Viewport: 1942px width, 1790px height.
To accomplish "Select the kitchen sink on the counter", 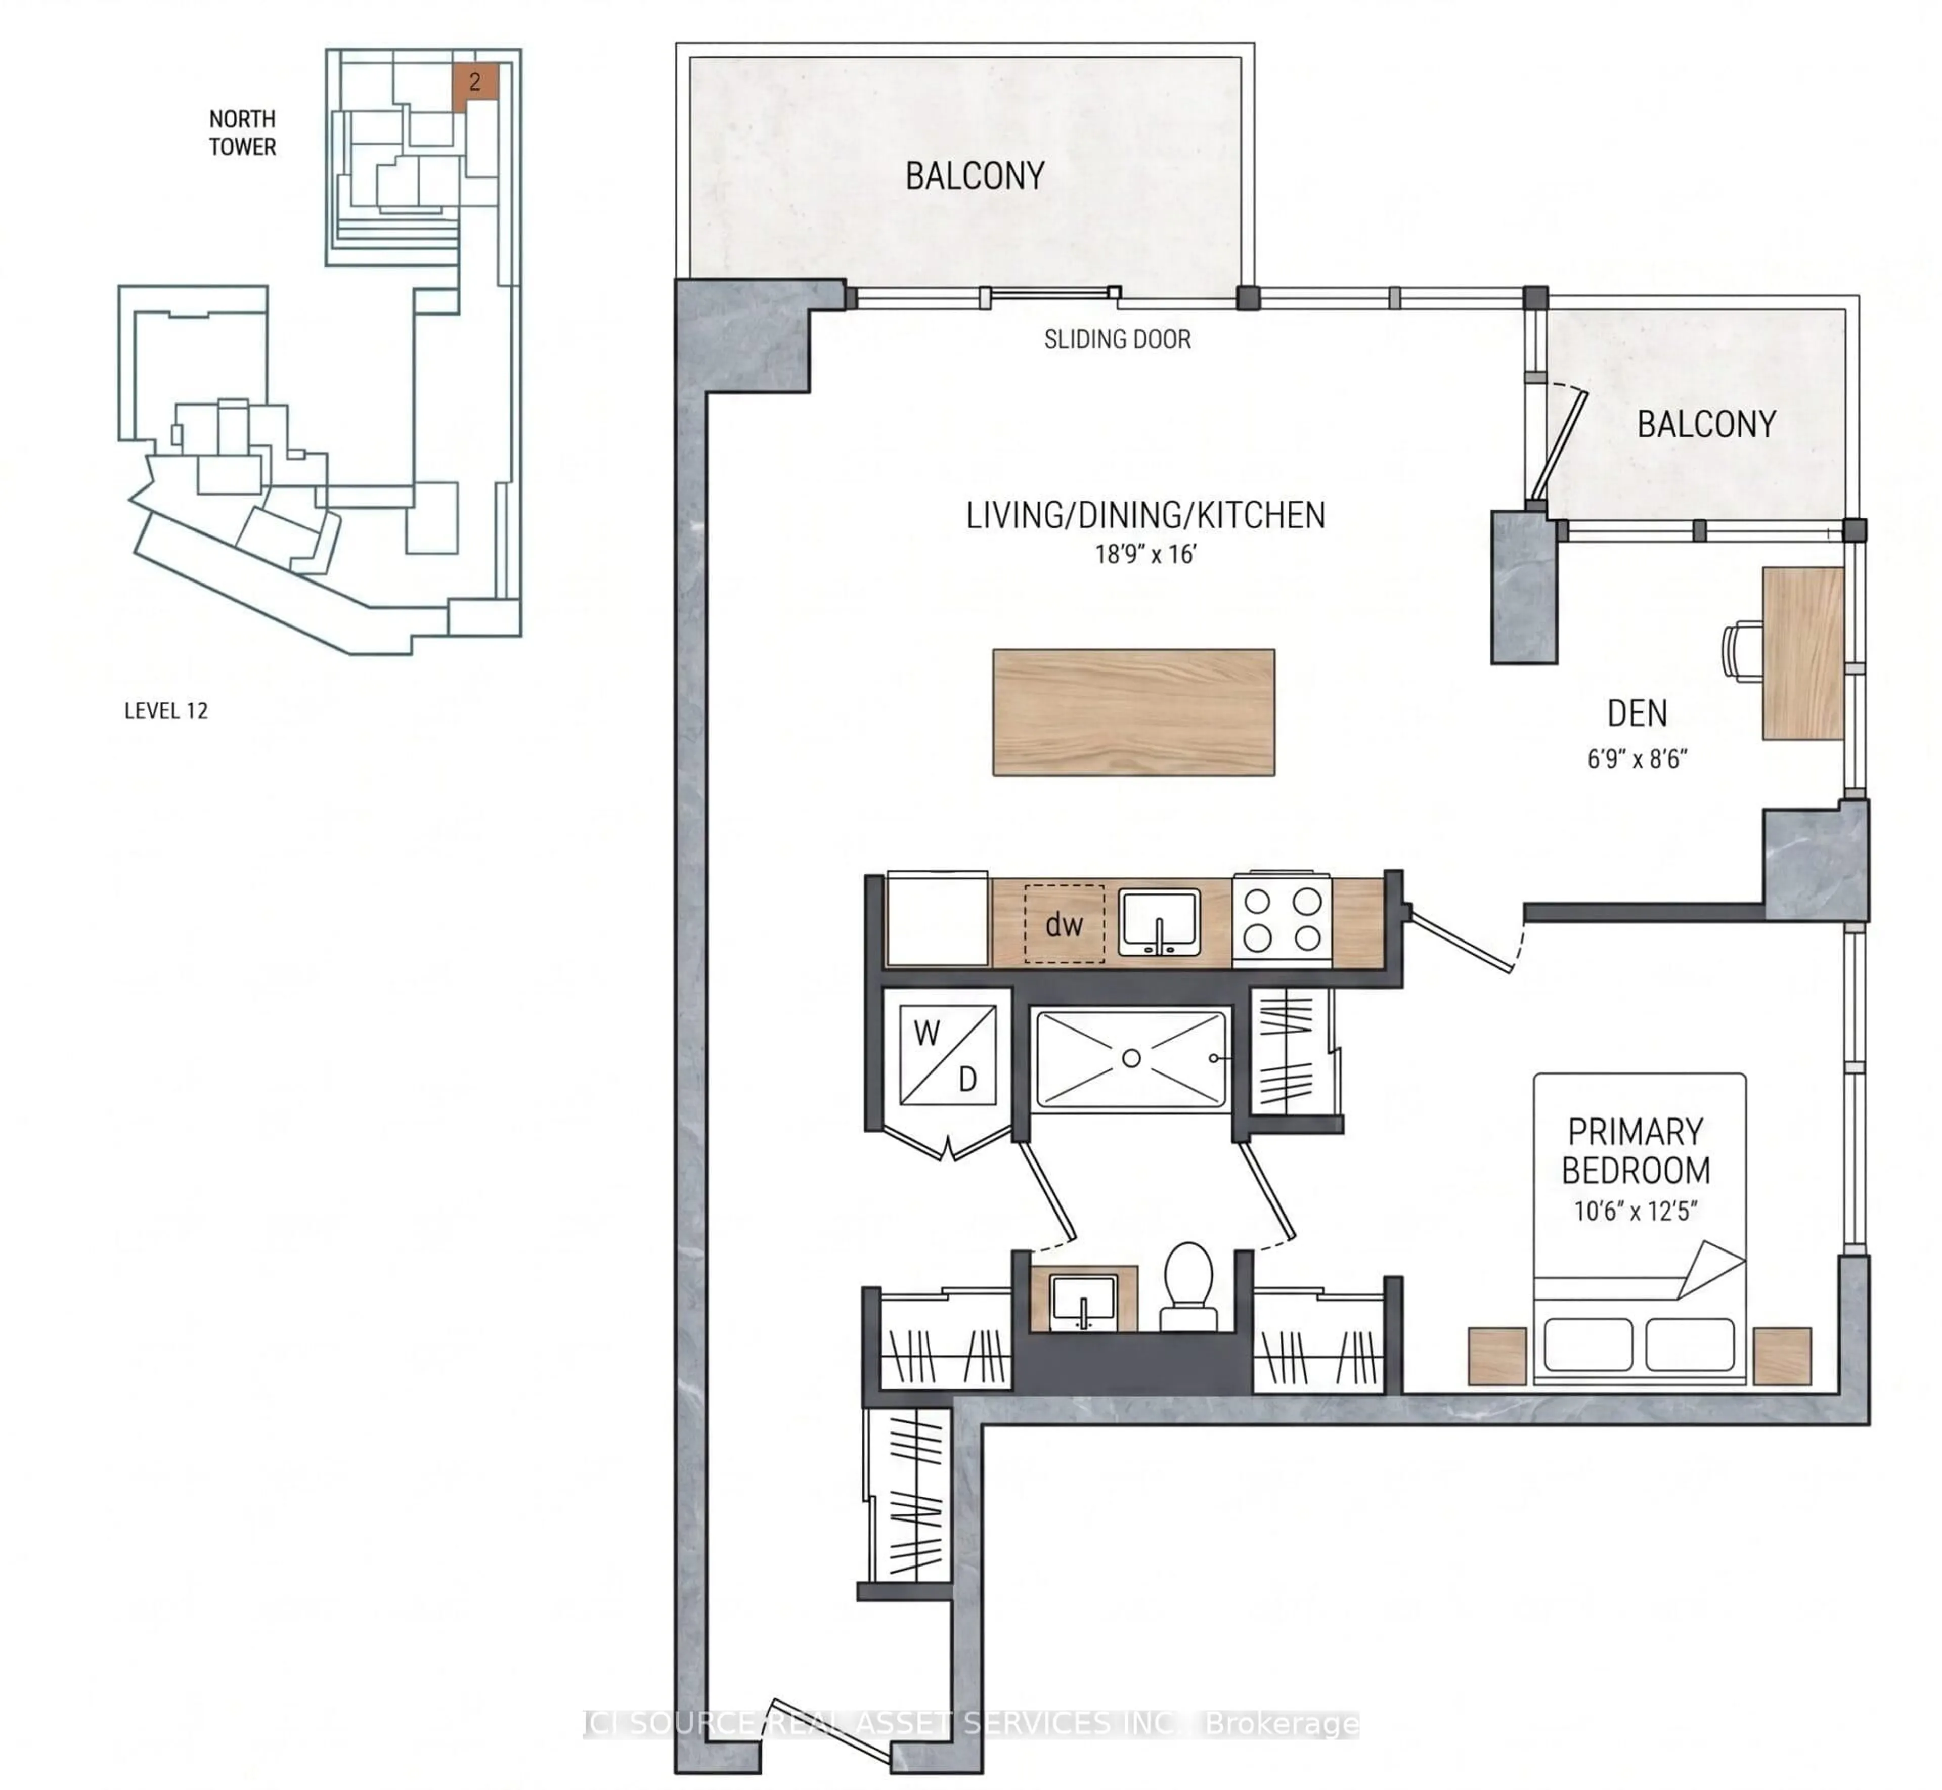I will pyautogui.click(x=1160, y=923).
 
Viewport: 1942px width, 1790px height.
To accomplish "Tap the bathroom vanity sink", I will pyautogui.click(x=1084, y=1300).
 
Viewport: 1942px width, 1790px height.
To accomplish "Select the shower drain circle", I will pyautogui.click(x=1130, y=1059).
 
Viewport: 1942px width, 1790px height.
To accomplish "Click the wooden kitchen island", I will pyautogui.click(x=1133, y=712).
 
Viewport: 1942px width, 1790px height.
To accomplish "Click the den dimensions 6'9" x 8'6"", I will pyautogui.click(x=1637, y=758).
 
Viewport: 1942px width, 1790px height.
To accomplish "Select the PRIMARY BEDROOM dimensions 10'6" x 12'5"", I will pyautogui.click(x=1636, y=1211).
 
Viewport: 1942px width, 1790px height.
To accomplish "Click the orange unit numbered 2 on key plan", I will pyautogui.click(x=474, y=82).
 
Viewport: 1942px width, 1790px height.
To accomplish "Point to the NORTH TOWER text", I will pyautogui.click(x=242, y=132).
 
